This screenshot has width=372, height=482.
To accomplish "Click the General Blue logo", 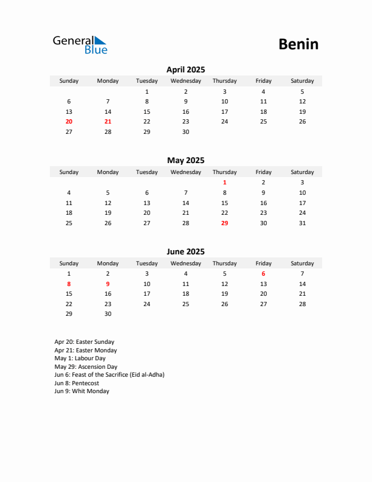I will point(80,44).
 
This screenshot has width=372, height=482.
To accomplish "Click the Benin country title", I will point(298,44).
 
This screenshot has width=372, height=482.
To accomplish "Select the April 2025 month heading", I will point(185,69).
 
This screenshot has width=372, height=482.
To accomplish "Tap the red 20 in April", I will point(69,122).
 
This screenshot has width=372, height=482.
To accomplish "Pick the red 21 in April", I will point(108,122).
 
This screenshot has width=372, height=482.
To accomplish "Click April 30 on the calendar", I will point(185,131).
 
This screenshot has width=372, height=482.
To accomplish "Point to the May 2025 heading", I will point(185,161).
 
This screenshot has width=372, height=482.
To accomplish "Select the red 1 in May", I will point(224,182).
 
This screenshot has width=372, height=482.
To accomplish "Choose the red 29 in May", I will point(224,223).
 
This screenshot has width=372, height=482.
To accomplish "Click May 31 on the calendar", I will point(302,223).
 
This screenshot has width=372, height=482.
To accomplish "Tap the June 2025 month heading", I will point(185,251).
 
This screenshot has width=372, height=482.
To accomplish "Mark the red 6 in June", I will point(263,274).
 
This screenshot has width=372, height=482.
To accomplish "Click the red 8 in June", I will point(69,284).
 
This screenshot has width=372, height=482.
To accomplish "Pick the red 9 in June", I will point(108,284).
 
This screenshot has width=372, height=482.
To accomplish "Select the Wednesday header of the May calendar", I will point(185,172).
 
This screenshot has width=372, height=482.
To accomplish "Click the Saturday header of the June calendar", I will point(302,264).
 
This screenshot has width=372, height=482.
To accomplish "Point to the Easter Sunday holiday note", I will point(84,342).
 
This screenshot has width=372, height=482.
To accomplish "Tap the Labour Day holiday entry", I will point(80,358).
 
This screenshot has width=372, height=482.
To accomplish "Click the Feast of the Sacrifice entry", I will point(109,375).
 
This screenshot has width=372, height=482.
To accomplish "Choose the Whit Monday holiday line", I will point(81,391).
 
